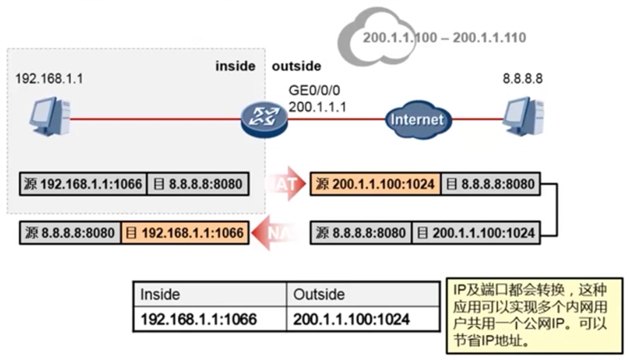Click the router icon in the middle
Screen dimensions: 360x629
pyautogui.click(x=264, y=118)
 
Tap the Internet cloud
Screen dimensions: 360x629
pyautogui.click(x=416, y=119)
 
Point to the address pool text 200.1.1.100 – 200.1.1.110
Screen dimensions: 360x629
pyautogui.click(x=444, y=38)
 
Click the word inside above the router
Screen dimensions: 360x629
pyautogui.click(x=235, y=66)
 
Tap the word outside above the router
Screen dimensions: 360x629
pyautogui.click(x=297, y=66)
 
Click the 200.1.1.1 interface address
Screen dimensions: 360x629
pyautogui.click(x=317, y=107)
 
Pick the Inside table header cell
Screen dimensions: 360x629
pyautogui.click(x=160, y=294)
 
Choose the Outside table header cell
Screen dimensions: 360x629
pyautogui.click(x=319, y=294)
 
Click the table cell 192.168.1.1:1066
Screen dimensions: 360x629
pyautogui.click(x=199, y=320)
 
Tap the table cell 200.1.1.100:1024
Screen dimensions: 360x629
pyautogui.click(x=352, y=320)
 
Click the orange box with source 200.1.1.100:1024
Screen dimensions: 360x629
pyautogui.click(x=375, y=184)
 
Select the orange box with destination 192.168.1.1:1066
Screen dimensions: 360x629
pyautogui.click(x=185, y=232)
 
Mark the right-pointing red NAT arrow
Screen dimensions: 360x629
pyautogui.click(x=284, y=184)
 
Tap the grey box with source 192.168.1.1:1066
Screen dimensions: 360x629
pyautogui.click(x=84, y=184)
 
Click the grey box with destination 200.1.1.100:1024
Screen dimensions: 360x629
pyautogui.click(x=476, y=232)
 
